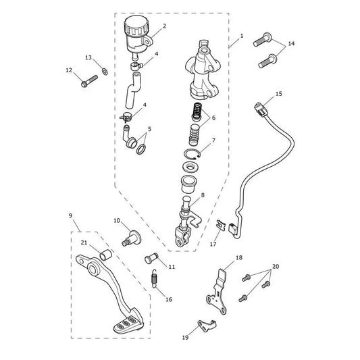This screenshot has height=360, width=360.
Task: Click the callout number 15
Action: click(x=279, y=94)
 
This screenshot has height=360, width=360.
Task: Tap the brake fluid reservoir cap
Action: click(x=136, y=26)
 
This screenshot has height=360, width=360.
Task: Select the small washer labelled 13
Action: click(x=105, y=72)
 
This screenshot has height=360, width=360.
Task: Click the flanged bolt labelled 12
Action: click(x=89, y=81)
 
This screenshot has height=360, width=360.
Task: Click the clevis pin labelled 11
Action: click(x=151, y=258)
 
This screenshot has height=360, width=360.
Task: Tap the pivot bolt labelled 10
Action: click(x=132, y=238)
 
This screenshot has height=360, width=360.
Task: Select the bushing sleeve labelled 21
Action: click(x=105, y=255)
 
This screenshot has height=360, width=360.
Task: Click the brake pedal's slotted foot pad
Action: click(x=128, y=324)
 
